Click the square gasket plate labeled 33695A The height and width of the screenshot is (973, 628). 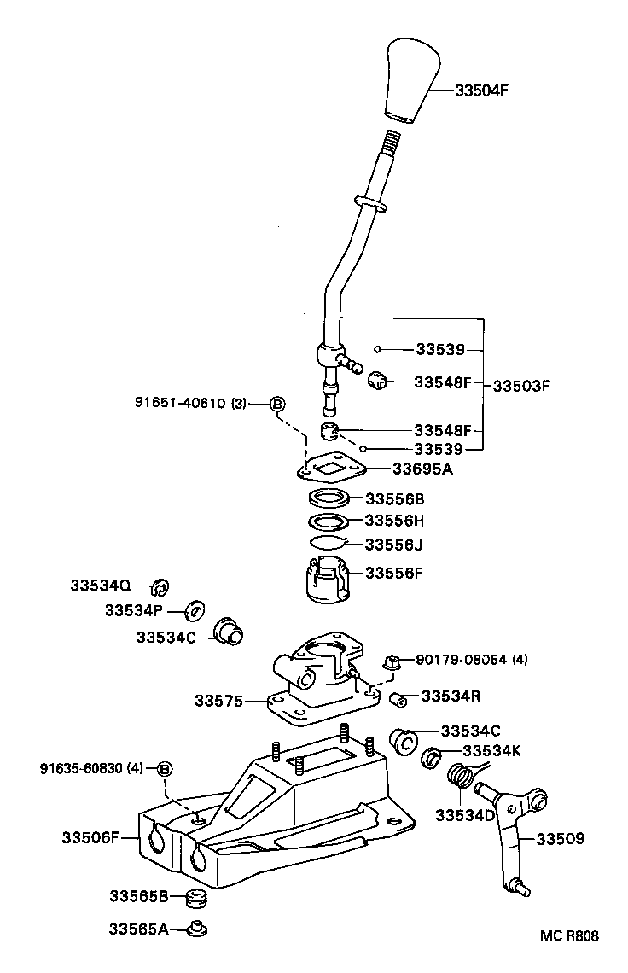click(332, 468)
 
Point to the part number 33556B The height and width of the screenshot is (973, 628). click(394, 498)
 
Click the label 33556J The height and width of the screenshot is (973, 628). click(393, 544)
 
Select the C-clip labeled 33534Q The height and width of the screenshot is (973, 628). click(160, 586)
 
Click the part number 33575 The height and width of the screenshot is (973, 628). click(218, 702)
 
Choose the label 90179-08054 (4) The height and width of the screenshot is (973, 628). click(472, 659)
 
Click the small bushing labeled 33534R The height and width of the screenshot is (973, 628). click(397, 701)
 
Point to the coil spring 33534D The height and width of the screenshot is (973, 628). click(462, 778)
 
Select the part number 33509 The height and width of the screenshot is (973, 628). click(560, 839)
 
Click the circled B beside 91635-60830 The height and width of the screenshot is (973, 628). click(165, 769)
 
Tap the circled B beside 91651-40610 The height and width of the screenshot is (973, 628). click(276, 404)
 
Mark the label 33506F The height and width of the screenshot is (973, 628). click(90, 838)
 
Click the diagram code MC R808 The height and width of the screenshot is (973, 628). click(569, 935)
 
